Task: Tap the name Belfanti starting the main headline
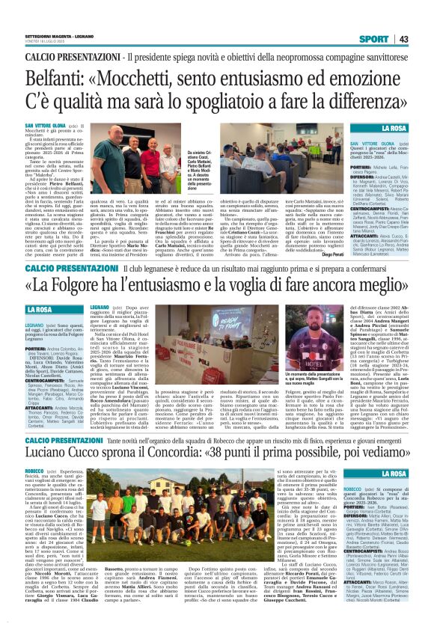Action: pyautogui.click(x=58, y=79)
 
